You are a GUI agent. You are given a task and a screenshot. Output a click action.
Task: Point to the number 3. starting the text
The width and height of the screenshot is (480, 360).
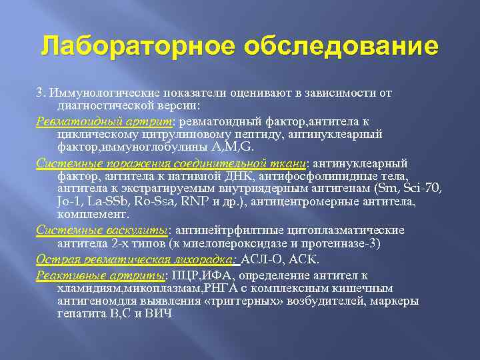[x=41, y=93]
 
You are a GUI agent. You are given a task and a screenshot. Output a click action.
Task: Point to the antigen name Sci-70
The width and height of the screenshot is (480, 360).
[x=425, y=188]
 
